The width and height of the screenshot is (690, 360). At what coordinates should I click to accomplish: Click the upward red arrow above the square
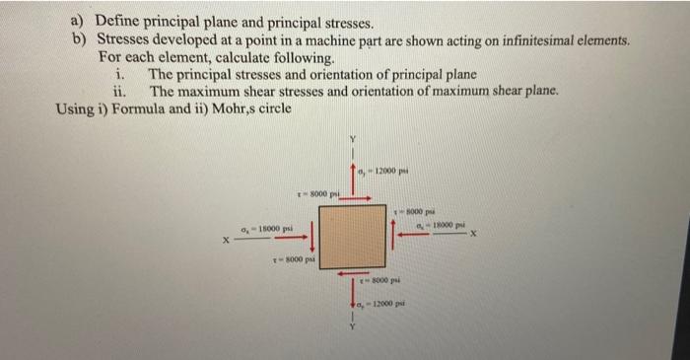pyautogui.click(x=352, y=178)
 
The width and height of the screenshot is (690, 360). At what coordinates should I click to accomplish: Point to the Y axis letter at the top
pyautogui.click(x=350, y=139)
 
